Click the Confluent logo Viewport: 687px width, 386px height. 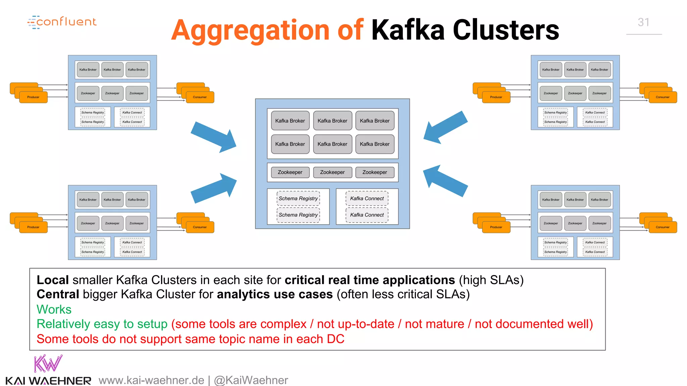62,22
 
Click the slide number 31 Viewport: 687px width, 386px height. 643,22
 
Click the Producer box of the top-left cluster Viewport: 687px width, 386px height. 33,97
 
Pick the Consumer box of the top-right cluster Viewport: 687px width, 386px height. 663,97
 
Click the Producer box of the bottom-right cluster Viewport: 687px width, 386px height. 496,227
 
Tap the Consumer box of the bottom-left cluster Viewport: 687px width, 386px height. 200,227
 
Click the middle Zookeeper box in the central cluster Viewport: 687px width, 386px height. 332,172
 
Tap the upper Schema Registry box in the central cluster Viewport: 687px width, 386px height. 298,198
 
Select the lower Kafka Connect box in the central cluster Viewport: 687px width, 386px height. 367,215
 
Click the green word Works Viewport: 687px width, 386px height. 54,309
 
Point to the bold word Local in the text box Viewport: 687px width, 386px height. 53,280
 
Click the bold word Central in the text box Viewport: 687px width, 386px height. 58,294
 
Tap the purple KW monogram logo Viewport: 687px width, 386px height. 48,364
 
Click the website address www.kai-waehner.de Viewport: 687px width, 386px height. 151,380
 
